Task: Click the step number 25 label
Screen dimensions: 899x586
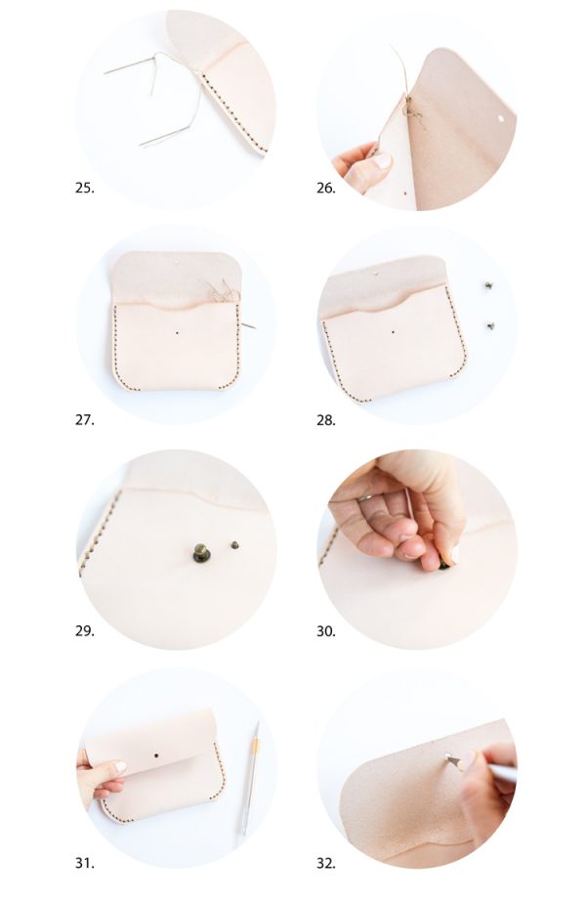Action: point(84,188)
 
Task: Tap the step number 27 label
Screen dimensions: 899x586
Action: point(84,420)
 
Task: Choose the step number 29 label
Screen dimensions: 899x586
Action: point(84,631)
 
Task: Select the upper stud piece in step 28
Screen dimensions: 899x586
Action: point(487,285)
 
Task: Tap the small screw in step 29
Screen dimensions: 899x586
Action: point(233,542)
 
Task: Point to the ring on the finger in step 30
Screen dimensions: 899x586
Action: point(364,497)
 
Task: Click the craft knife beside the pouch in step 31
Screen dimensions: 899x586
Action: point(250,778)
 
